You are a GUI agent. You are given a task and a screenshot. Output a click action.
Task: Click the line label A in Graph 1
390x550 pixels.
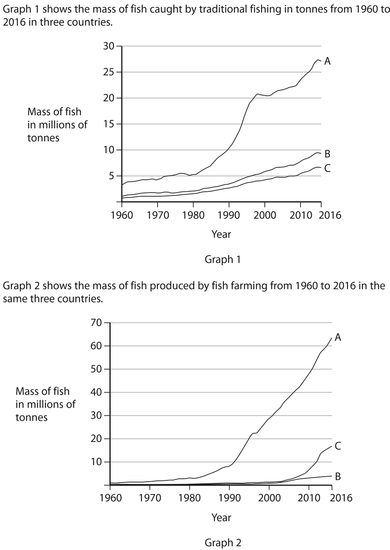[327, 61]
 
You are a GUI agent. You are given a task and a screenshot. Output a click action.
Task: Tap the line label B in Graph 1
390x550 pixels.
[327, 154]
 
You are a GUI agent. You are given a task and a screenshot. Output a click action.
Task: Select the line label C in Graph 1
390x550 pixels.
[327, 168]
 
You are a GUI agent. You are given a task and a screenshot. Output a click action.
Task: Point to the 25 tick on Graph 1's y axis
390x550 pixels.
[109, 72]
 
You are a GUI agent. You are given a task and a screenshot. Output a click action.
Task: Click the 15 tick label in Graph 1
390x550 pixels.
[109, 124]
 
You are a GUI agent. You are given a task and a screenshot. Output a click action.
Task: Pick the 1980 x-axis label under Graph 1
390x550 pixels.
[193, 215]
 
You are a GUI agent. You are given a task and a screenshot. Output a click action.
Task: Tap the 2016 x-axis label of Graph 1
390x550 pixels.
[332, 215]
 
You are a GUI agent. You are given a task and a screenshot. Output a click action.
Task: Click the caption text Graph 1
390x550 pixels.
[223, 260]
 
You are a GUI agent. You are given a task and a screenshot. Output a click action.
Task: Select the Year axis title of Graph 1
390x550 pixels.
[221, 234]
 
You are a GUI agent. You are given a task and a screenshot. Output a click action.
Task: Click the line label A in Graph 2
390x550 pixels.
[338, 338]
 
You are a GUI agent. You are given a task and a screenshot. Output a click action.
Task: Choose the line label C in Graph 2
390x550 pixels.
[338, 446]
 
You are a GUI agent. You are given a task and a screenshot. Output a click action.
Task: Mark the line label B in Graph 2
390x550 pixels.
[338, 477]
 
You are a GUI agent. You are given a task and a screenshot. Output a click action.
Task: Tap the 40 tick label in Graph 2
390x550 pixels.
[97, 392]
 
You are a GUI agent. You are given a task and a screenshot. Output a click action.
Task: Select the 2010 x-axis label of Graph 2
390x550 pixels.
[309, 497]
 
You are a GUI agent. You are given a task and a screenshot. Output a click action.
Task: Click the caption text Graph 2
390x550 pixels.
[223, 543]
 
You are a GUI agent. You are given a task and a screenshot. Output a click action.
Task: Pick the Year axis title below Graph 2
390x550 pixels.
[221, 517]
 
